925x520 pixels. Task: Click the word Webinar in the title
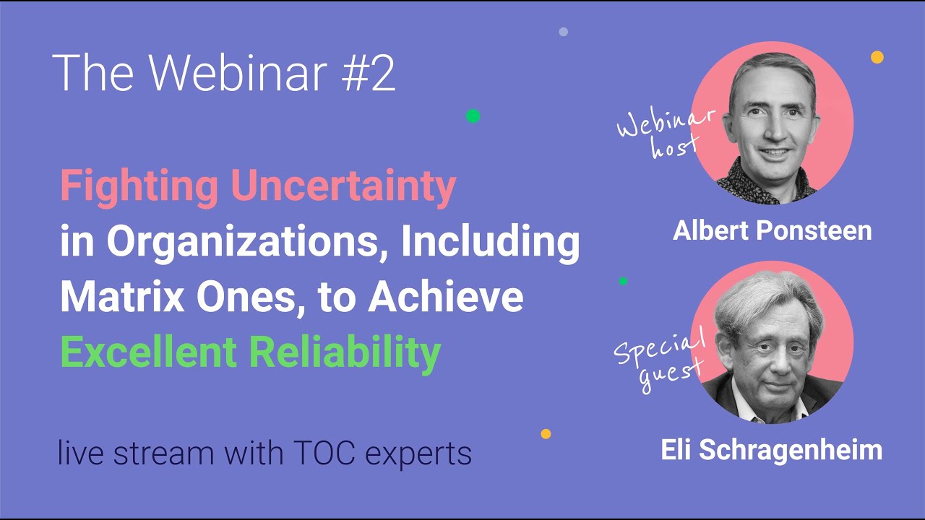point(238,73)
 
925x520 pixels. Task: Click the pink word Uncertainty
point(343,186)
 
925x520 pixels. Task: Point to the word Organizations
point(248,243)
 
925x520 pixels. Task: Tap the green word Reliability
point(345,354)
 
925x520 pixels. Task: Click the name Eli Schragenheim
point(772,450)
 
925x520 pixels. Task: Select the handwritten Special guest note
point(660,358)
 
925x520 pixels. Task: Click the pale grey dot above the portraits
point(563,32)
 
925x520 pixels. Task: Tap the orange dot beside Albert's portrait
point(877,57)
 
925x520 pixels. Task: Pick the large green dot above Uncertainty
point(473,116)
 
